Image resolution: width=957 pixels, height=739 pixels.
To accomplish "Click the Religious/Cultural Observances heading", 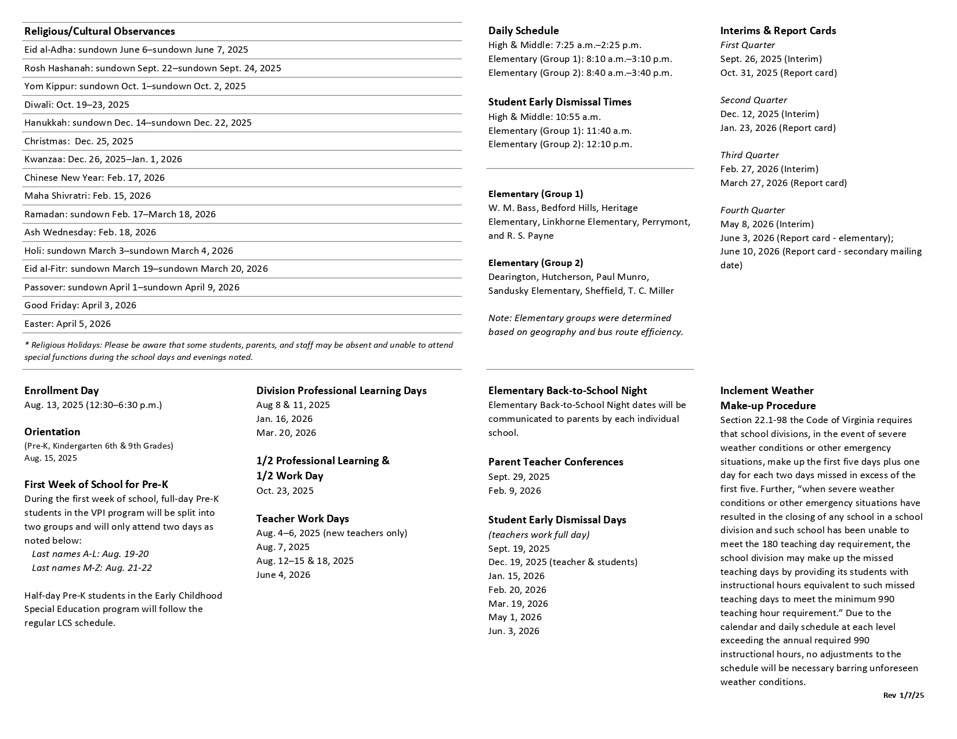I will tap(99, 31).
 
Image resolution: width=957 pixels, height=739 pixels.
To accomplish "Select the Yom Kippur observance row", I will tap(135, 86).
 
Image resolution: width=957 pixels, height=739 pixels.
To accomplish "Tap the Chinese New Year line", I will tap(94, 178).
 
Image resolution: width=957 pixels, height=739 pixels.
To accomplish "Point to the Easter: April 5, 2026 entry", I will tap(67, 324).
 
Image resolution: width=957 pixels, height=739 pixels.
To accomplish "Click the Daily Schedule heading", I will tap(523, 31).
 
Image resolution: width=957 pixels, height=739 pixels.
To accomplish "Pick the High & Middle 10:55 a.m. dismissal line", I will tap(544, 117).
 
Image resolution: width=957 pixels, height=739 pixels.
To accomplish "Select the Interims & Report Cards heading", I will tap(778, 31).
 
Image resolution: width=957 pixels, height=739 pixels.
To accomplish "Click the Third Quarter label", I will tap(749, 155).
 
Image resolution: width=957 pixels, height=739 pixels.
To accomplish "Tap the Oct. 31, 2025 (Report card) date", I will tap(778, 73).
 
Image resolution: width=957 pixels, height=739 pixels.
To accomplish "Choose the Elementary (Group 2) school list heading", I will tap(535, 263).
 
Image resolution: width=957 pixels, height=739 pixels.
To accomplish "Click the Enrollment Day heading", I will tap(61, 391).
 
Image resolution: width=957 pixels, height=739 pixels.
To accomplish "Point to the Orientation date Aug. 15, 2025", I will tap(50, 458).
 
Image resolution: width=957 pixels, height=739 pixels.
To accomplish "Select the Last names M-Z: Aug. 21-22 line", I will tap(92, 568).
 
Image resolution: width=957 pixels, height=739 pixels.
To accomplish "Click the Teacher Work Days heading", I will tap(302, 519).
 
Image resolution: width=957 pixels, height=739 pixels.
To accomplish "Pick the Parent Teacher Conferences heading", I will tap(555, 462).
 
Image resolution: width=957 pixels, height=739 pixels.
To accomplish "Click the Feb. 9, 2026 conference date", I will tap(514, 491).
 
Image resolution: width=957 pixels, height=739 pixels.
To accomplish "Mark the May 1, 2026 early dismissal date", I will tap(514, 617).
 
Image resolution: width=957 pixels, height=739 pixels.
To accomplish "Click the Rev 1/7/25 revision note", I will tap(903, 696).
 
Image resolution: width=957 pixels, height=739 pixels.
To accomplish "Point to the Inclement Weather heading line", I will tap(766, 391).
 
